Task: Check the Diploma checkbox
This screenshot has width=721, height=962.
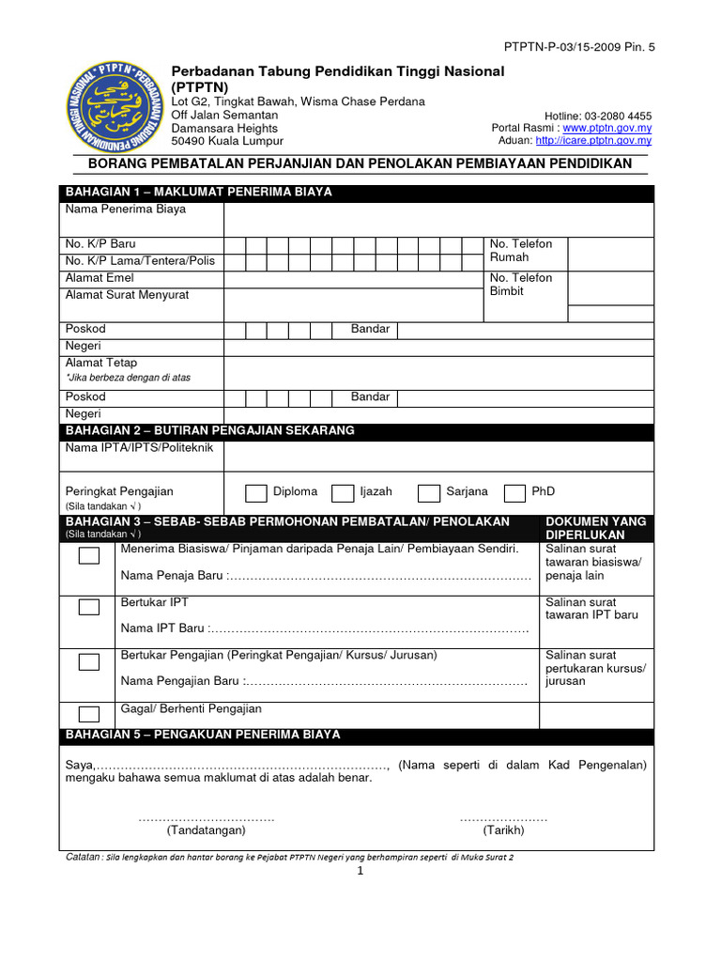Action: (255, 493)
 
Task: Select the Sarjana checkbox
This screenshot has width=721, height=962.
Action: (429, 493)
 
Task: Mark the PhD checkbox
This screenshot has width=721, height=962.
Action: (514, 493)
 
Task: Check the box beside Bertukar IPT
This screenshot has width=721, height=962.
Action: (89, 607)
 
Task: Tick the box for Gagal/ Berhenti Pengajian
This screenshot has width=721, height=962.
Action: (89, 714)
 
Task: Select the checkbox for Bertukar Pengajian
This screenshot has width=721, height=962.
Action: (89, 661)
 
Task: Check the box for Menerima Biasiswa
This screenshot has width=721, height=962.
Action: (89, 555)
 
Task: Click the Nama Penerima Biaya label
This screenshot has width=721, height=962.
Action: (126, 209)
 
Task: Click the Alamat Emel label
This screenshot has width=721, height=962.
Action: (100, 278)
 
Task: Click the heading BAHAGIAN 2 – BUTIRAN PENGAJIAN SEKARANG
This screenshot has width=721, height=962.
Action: (210, 430)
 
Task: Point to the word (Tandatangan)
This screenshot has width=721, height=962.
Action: (207, 830)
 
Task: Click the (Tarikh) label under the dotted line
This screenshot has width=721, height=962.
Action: (504, 830)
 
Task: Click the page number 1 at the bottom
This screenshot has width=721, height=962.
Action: (360, 871)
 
